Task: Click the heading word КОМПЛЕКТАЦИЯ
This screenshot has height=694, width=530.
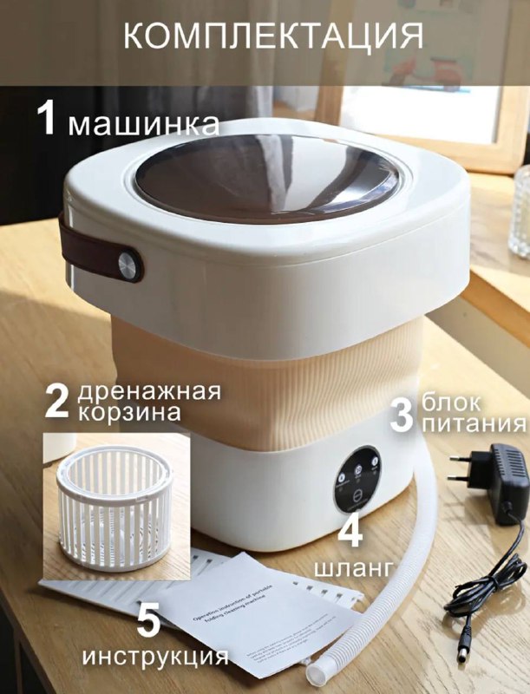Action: coord(272,36)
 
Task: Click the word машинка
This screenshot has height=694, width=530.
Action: coord(144,123)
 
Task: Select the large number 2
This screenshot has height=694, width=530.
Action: coord(57,401)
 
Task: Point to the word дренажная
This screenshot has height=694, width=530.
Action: coord(149,390)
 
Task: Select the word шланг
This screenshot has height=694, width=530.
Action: coord(350,567)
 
